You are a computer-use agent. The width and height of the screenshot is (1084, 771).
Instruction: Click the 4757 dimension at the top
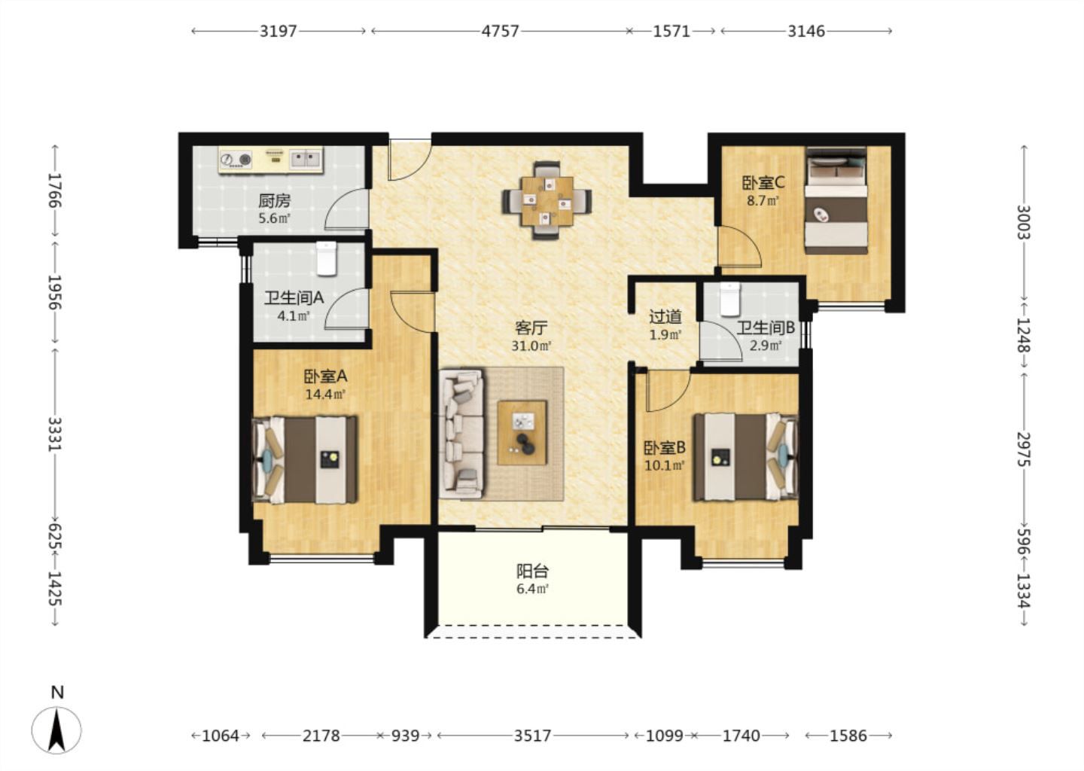pyautogui.click(x=501, y=31)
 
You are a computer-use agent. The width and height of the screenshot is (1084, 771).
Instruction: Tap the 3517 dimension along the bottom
pyautogui.click(x=532, y=736)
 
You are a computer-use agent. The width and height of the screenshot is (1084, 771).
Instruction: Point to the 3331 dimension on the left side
pyautogui.click(x=56, y=434)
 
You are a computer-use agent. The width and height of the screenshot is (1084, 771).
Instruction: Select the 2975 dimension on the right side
pyautogui.click(x=1023, y=449)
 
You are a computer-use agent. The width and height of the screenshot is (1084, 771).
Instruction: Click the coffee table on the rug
pyautogui.click(x=522, y=432)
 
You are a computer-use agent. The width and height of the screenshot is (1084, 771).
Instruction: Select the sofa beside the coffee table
pyautogui.click(x=461, y=434)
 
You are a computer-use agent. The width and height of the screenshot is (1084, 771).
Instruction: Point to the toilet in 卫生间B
pyautogui.click(x=731, y=299)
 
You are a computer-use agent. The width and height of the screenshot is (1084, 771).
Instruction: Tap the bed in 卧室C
pyautogui.click(x=836, y=201)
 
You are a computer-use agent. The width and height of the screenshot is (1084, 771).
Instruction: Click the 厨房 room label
pyautogui.click(x=274, y=200)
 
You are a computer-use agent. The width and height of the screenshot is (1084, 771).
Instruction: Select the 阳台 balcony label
pyautogui.click(x=532, y=571)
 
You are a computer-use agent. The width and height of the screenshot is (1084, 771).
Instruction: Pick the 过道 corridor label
pyautogui.click(x=665, y=317)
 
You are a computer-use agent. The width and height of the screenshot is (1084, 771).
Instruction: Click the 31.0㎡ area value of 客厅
pyautogui.click(x=531, y=346)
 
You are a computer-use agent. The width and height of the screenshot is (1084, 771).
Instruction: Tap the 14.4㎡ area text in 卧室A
pyautogui.click(x=325, y=394)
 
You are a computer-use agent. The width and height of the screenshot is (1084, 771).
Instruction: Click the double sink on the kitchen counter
pyautogui.click(x=306, y=158)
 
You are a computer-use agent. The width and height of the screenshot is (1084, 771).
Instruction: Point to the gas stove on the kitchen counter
pyautogui.click(x=236, y=159)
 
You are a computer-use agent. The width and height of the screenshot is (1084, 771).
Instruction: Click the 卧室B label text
pyautogui.click(x=665, y=448)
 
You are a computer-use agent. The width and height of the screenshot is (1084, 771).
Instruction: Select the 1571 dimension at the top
pyautogui.click(x=671, y=31)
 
